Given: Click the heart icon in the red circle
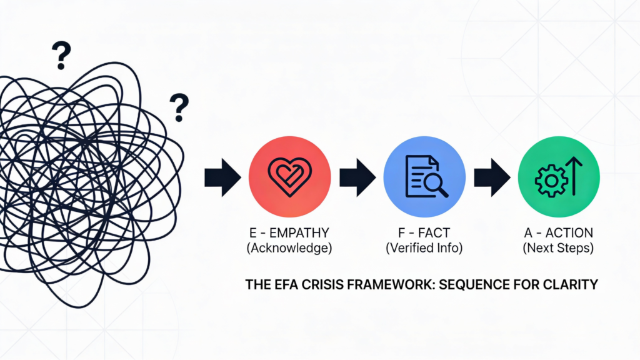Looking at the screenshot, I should point(289,175).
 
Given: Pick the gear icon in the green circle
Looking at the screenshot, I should point(550,181).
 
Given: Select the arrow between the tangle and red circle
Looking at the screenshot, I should point(222,178).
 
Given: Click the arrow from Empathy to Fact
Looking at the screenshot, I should point(357,178).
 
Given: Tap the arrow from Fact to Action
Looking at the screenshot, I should point(492,178).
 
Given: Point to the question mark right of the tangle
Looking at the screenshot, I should point(179,107).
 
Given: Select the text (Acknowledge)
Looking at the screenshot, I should point(289,248).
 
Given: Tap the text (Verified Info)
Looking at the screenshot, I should point(424,248).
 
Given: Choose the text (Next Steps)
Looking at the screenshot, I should point(559,248).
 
